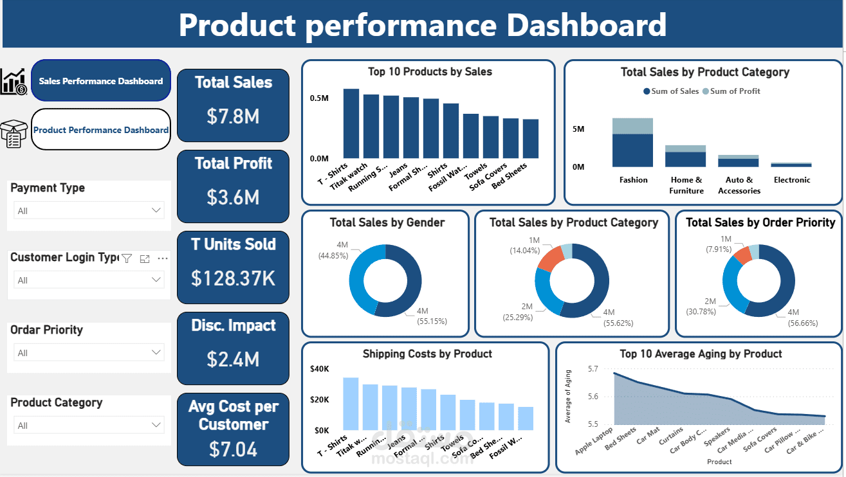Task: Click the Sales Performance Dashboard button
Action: pyautogui.click(x=101, y=81)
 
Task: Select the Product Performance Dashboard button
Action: pyautogui.click(x=101, y=130)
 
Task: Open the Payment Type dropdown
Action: pyautogui.click(x=89, y=210)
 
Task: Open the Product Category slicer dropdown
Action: pyautogui.click(x=89, y=425)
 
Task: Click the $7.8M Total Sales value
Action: pyautogui.click(x=233, y=116)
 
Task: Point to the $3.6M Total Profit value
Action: pyautogui.click(x=233, y=197)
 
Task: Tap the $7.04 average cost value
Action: pyautogui.click(x=233, y=449)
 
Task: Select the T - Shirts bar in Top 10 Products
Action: pyautogui.click(x=351, y=123)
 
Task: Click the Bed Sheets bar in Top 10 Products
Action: pyautogui.click(x=531, y=138)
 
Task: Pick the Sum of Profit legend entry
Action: pyautogui.click(x=731, y=91)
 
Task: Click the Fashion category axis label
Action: pyautogui.click(x=633, y=180)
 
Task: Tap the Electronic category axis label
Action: pyautogui.click(x=791, y=180)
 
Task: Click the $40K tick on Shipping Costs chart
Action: pyautogui.click(x=319, y=369)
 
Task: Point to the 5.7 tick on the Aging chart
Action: pyautogui.click(x=592, y=369)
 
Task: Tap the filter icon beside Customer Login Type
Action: pyautogui.click(x=127, y=258)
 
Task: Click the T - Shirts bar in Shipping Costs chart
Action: pyautogui.click(x=351, y=404)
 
